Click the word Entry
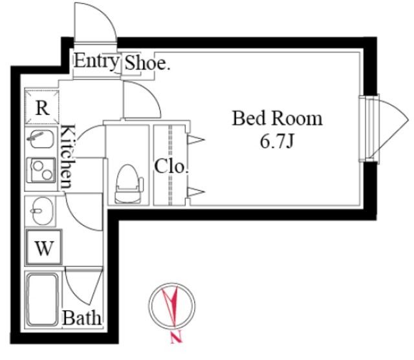click(96, 61)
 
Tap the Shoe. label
click(147, 63)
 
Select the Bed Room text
click(278, 118)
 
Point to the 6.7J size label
click(277, 142)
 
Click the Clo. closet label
click(171, 166)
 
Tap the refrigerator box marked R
click(42, 107)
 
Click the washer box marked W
click(44, 248)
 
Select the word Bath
click(82, 318)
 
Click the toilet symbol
click(129, 184)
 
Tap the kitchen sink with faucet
click(41, 139)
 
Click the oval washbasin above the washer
click(41, 211)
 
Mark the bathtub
click(42, 300)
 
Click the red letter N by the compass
click(177, 338)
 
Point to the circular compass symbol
click(172, 306)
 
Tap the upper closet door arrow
click(195, 140)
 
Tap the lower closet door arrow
click(195, 192)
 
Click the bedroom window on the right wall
click(369, 129)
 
